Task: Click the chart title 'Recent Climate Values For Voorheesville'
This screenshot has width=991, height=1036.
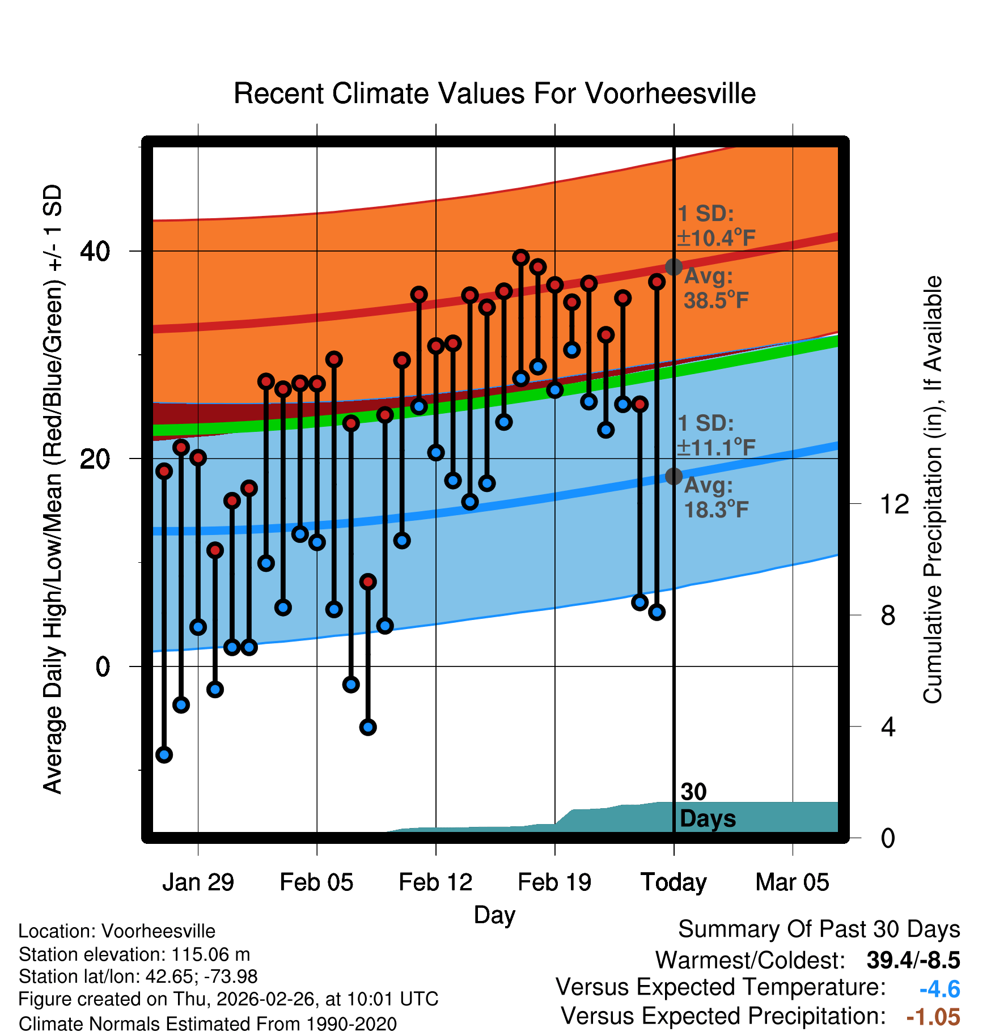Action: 494,94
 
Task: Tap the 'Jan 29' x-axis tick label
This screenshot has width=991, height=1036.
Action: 198,882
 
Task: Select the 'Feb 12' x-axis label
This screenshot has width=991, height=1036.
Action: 435,882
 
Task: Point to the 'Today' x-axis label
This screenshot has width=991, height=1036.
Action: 674,882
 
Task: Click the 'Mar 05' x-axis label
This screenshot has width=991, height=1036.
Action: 792,882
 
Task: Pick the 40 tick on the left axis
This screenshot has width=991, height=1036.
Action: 95,251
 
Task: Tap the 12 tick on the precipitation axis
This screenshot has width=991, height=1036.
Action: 895,504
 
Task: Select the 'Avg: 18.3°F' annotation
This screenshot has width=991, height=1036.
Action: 715,498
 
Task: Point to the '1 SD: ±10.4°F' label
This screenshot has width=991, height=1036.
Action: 715,226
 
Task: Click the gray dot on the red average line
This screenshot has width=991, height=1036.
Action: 674,266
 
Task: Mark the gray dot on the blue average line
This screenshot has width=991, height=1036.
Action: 674,476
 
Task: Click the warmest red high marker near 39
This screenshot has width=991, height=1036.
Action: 521,258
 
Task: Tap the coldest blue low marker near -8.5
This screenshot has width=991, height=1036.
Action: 164,754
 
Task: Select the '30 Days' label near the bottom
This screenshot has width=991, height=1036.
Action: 707,805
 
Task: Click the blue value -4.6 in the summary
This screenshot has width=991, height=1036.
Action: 939,990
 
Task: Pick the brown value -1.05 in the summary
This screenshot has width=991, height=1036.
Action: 933,1017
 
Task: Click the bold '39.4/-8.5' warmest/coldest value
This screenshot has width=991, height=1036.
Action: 913,960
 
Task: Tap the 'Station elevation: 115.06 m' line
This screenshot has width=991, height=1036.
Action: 134,954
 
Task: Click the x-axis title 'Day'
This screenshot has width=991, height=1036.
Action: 494,915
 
